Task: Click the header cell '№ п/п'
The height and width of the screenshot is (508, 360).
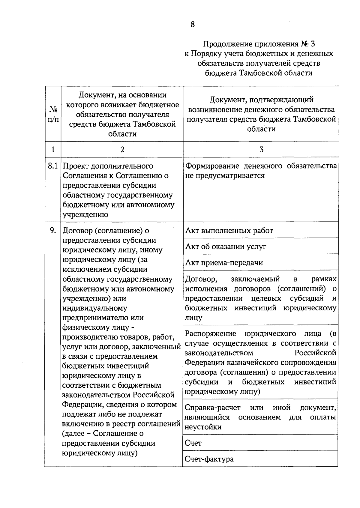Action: point(53,114)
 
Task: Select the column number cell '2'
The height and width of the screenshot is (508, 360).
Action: point(122,150)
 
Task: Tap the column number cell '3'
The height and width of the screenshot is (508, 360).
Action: point(261,150)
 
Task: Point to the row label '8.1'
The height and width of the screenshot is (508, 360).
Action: point(53,166)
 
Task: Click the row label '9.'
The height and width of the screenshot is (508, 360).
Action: point(53,231)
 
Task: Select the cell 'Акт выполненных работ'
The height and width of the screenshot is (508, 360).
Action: point(229,231)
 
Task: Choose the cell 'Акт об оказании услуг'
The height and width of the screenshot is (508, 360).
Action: point(226,247)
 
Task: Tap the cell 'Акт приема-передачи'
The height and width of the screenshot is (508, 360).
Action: point(224,263)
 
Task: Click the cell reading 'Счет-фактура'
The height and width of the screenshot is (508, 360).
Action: point(209,459)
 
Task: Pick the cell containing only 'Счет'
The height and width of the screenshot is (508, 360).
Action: point(193,443)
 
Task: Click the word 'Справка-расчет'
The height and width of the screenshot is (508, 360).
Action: point(213,408)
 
